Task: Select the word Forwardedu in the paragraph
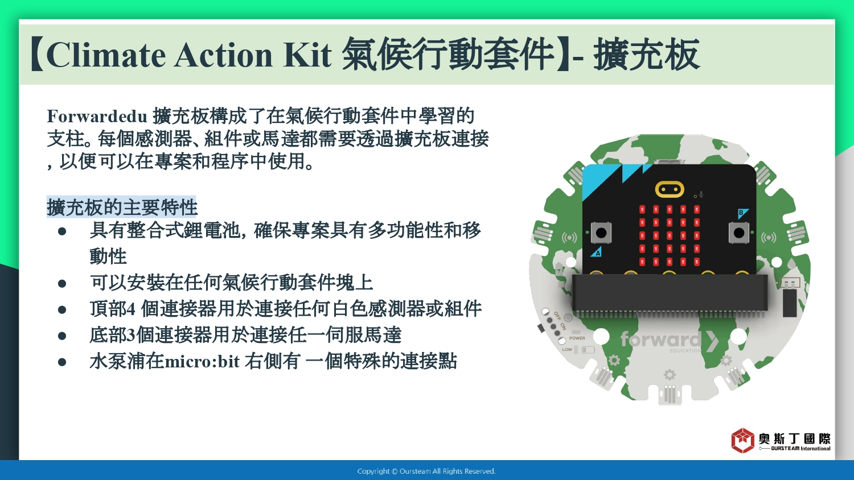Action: pyautogui.click(x=97, y=116)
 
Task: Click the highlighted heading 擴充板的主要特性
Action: pyautogui.click(x=122, y=207)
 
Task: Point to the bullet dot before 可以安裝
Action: pyautogui.click(x=62, y=283)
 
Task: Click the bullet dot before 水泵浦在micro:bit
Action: pyautogui.click(x=62, y=362)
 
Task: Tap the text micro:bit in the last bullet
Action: pyautogui.click(x=202, y=361)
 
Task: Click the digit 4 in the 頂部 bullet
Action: pyautogui.click(x=131, y=309)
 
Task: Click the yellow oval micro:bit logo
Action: pyautogui.click(x=670, y=189)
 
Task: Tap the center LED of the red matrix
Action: pyautogui.click(x=670, y=235)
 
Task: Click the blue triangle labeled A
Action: pyautogui.click(x=597, y=252)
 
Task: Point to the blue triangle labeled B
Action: pyautogui.click(x=742, y=213)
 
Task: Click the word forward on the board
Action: pyautogui.click(x=660, y=338)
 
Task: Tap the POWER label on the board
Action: pyautogui.click(x=577, y=338)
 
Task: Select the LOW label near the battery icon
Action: pyautogui.click(x=567, y=349)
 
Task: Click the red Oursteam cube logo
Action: pyautogui.click(x=742, y=440)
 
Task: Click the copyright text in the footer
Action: pyautogui.click(x=426, y=471)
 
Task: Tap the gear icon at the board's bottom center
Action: pyautogui.click(x=670, y=375)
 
